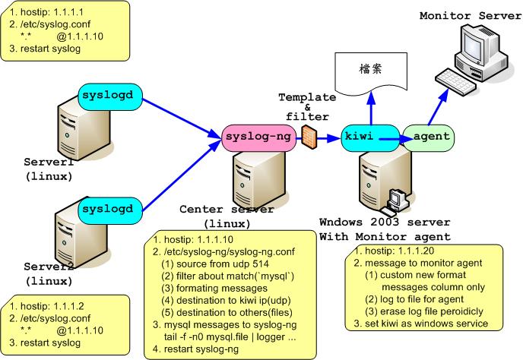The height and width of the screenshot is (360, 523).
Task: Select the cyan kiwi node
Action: point(359,137)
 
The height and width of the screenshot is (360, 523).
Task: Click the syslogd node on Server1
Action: point(111,96)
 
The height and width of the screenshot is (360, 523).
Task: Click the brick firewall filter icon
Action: point(308,136)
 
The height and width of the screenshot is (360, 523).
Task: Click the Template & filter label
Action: point(307,106)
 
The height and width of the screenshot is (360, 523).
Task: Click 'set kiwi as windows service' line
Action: point(428,324)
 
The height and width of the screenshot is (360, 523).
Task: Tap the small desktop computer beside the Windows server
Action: point(395,198)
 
